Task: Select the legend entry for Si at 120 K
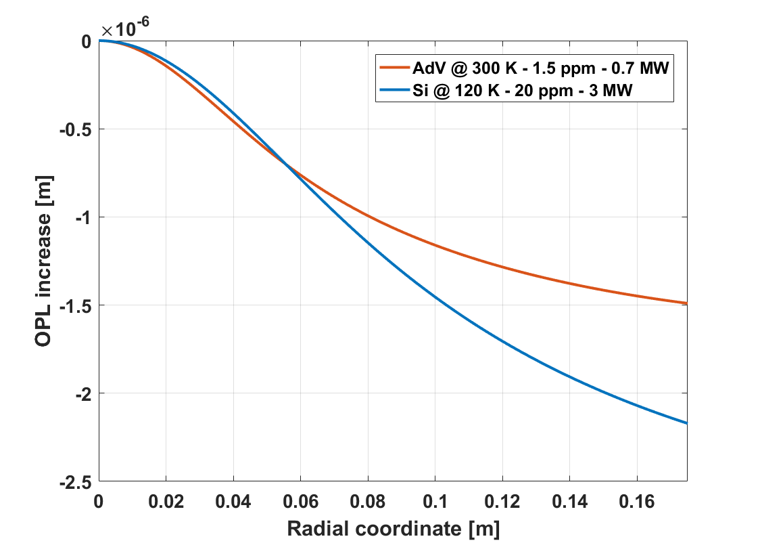521,90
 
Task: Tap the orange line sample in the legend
394,68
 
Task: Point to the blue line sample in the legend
394,90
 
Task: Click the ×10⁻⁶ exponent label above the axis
125,29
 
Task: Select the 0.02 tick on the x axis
166,502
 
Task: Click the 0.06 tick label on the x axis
300,502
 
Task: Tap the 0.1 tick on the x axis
435,502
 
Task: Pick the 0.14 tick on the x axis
569,502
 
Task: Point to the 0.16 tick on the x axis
636,502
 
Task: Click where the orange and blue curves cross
287,165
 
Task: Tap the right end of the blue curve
686,423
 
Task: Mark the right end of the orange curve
686,303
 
